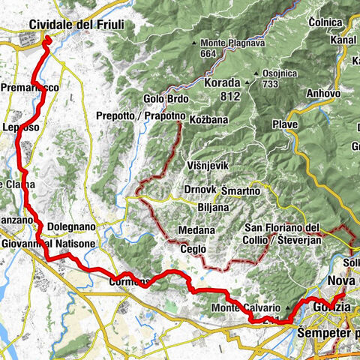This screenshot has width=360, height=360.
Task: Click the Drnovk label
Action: [199, 190]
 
